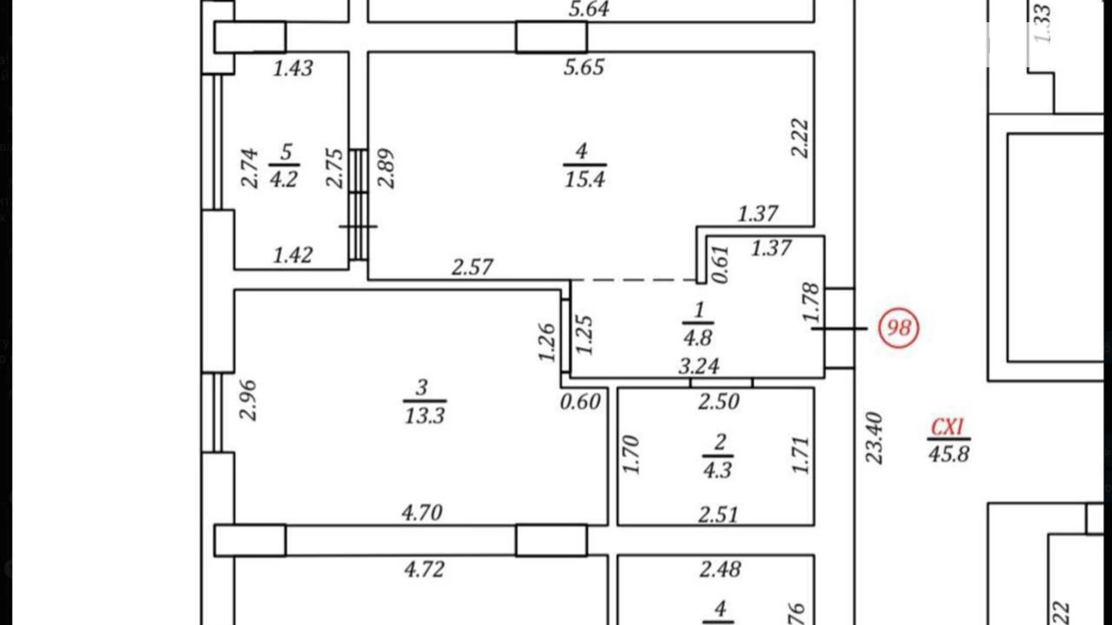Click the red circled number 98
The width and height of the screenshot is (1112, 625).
click(x=899, y=328)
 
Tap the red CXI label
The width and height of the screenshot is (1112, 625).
click(x=947, y=427)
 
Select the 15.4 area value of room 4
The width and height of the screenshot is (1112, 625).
click(x=584, y=179)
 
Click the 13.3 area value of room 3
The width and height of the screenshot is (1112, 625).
click(x=424, y=415)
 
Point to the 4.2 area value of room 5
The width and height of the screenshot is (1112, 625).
click(x=283, y=179)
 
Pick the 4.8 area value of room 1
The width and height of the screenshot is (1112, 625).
click(x=697, y=338)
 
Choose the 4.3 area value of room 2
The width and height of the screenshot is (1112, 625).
click(x=717, y=469)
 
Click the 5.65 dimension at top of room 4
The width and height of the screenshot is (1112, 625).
click(x=584, y=67)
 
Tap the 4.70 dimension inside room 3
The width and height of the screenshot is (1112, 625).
click(x=422, y=513)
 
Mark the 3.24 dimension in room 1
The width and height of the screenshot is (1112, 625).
click(x=698, y=366)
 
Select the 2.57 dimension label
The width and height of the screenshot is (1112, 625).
click(x=472, y=267)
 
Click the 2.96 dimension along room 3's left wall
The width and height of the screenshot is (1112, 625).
click(x=248, y=400)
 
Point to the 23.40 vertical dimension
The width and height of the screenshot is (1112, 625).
click(x=874, y=437)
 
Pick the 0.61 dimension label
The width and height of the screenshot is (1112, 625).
click(x=719, y=264)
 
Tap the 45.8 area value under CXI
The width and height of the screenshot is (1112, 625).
click(x=949, y=454)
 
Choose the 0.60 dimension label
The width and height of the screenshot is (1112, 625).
click(x=580, y=401)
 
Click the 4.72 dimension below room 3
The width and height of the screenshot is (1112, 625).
click(x=424, y=569)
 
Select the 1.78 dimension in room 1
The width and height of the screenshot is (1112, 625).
click(x=810, y=302)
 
